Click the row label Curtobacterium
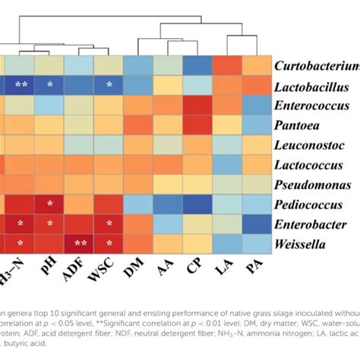coord(317,65)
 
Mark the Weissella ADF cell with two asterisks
coord(78,243)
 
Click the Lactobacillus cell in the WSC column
coord(109,85)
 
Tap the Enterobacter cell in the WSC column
coord(109,223)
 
